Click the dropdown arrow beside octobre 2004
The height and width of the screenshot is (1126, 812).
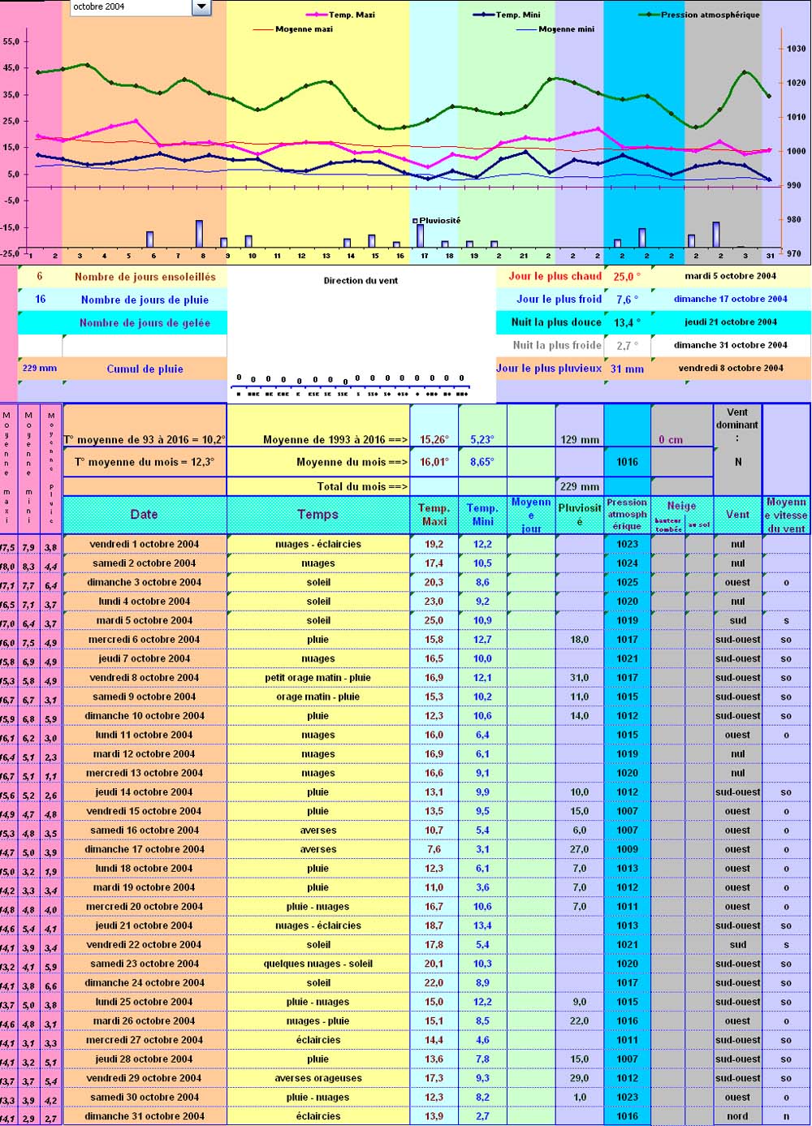click(201, 7)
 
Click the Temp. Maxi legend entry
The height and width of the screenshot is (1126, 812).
click(351, 15)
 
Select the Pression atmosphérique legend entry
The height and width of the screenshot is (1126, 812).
click(710, 15)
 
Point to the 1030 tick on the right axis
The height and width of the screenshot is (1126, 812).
click(796, 50)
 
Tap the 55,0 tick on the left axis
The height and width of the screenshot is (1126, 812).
click(11, 41)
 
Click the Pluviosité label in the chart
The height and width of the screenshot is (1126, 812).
click(439, 220)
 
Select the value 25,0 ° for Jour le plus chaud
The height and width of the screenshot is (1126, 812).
click(627, 276)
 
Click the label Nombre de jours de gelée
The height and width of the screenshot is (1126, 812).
click(145, 322)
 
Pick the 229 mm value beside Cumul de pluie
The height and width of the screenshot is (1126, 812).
click(40, 368)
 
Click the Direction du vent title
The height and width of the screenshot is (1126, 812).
click(361, 281)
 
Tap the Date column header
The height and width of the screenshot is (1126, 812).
click(145, 514)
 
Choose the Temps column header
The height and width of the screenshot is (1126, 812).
click(317, 514)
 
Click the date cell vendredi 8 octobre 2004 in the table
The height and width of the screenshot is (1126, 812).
click(145, 677)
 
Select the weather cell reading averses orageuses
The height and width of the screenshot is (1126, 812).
click(317, 1078)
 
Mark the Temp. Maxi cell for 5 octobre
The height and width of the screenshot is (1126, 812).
click(434, 620)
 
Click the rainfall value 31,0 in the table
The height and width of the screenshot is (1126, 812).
click(579, 677)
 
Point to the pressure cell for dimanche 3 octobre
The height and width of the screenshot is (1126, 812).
click(627, 582)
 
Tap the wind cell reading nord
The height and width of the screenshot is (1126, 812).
click(737, 1116)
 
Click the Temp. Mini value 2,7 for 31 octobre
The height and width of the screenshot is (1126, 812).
click(482, 1116)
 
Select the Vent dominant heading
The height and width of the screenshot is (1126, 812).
click(737, 425)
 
